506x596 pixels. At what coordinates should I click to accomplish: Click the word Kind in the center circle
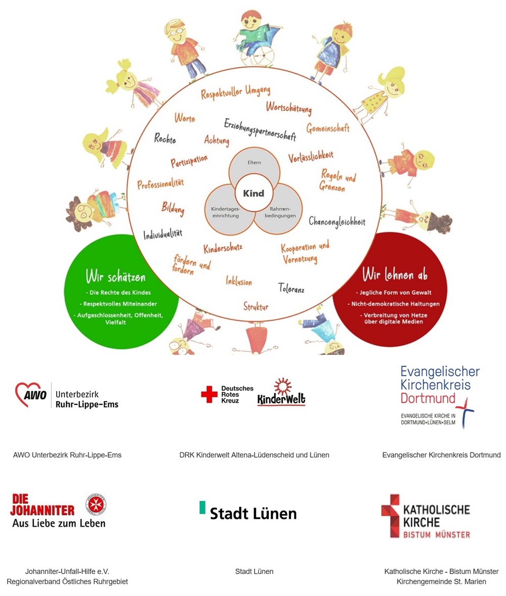(254, 194)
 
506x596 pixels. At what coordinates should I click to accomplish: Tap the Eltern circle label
(254, 163)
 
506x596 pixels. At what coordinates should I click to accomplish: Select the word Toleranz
(291, 289)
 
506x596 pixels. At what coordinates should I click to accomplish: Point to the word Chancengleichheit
(336, 221)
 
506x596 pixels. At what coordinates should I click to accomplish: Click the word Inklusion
(239, 281)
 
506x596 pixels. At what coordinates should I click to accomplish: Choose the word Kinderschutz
(223, 248)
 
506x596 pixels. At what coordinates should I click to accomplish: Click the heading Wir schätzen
(115, 277)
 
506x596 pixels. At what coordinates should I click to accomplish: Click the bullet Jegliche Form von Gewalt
(391, 292)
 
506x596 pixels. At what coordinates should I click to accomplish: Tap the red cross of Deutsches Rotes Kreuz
(209, 394)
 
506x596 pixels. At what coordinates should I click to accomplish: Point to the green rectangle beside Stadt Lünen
(202, 508)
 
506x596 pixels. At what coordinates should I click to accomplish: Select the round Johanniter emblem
(96, 503)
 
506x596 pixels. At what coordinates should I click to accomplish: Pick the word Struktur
(256, 307)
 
